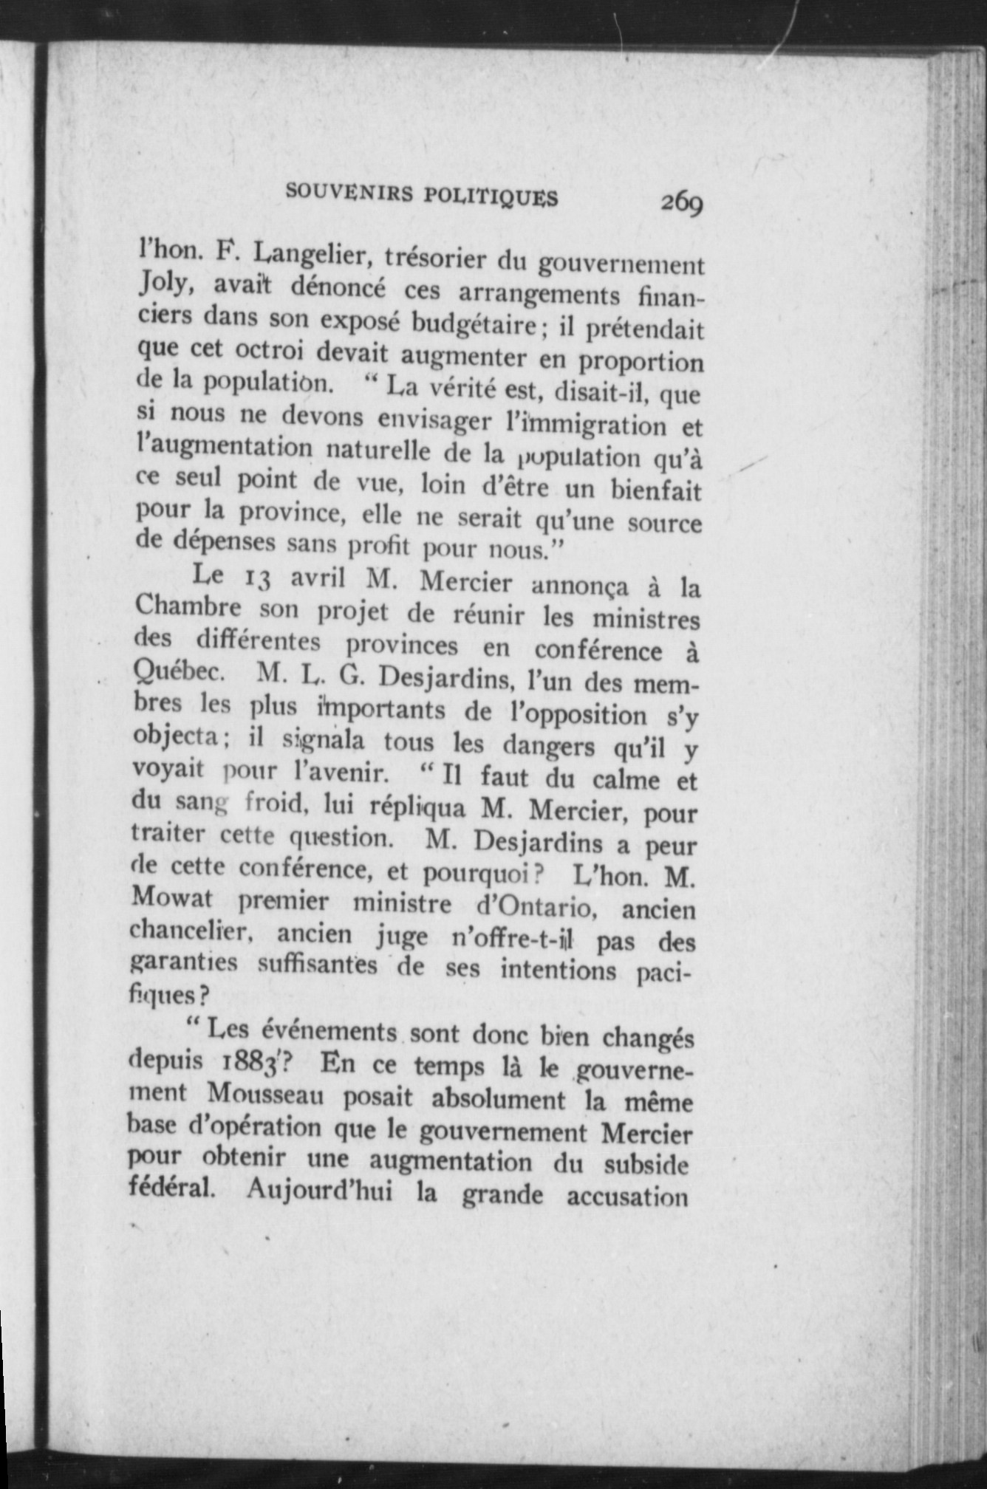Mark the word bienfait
649,490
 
